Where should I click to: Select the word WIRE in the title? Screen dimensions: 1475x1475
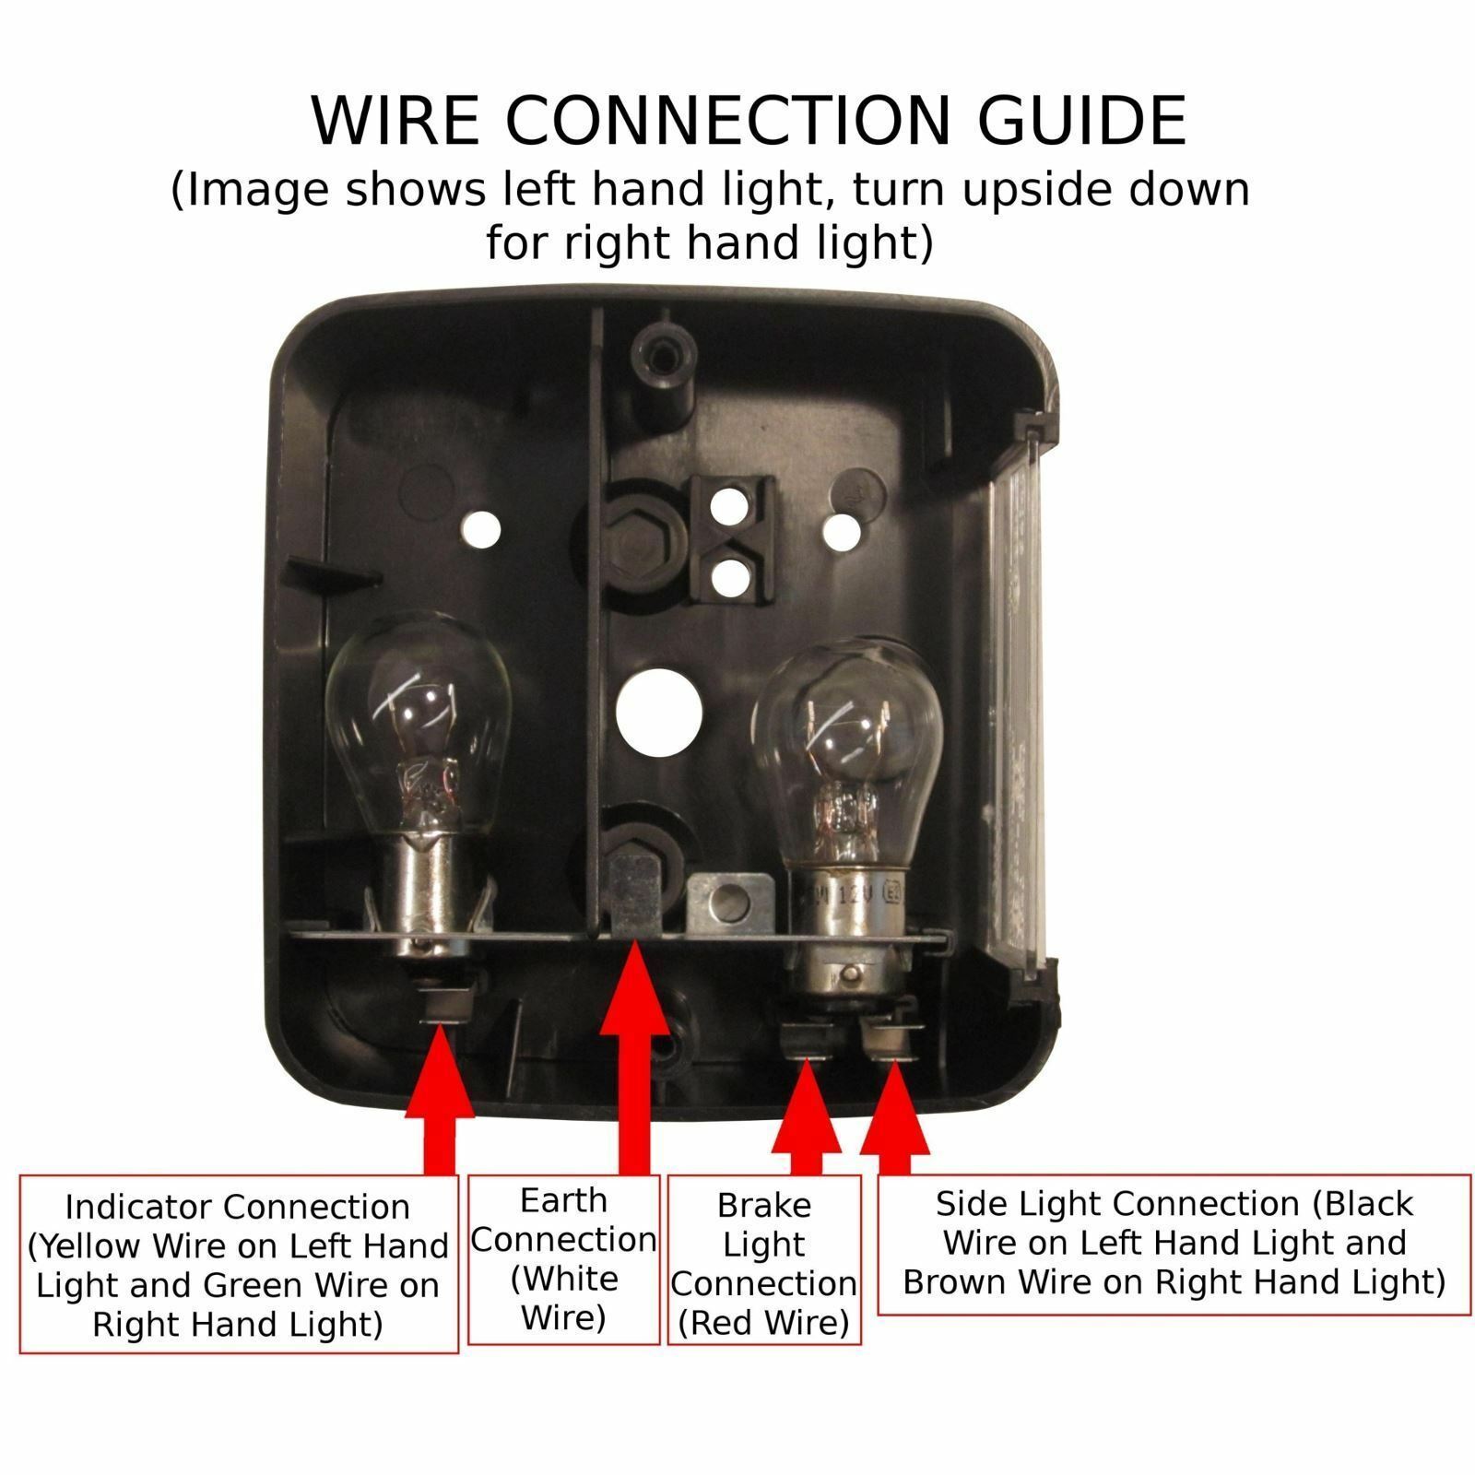click(x=395, y=120)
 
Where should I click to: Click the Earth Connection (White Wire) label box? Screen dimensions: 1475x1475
click(x=563, y=1259)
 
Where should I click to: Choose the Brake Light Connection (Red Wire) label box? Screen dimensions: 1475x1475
click(x=764, y=1259)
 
